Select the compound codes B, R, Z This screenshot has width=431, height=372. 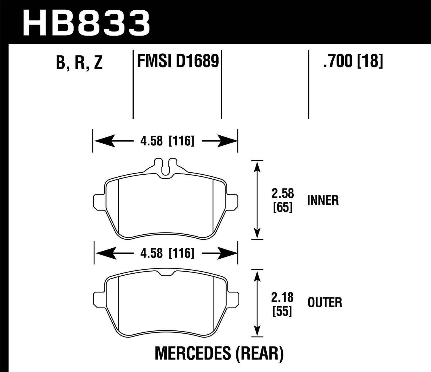pos(79,63)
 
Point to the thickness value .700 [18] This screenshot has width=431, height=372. pos(353,61)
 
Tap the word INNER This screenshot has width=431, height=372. pos(323,200)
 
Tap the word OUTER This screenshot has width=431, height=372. pos(325,303)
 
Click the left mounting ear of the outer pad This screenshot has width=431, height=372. pos(99,299)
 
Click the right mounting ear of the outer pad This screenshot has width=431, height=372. pos(233,299)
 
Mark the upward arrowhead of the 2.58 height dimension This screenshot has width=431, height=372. pos(257,166)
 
